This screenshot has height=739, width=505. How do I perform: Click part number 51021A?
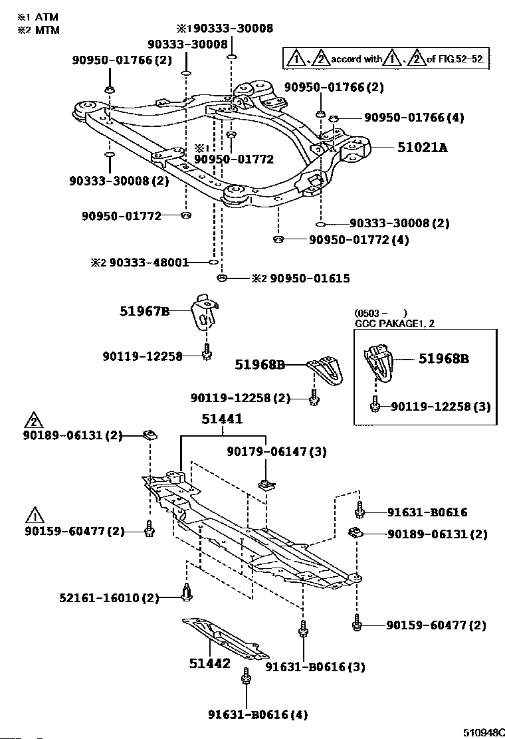tap(422, 148)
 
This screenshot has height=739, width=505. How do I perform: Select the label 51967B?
tap(145, 310)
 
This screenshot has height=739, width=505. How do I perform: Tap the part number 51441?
tap(223, 419)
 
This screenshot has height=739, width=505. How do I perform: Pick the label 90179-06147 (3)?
tap(276, 452)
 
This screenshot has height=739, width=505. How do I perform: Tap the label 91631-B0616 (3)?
tap(315, 667)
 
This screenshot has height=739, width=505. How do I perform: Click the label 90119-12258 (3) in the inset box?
tap(440, 405)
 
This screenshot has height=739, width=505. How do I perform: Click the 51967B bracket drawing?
tap(206, 310)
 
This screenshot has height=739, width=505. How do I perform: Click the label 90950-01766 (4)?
tap(413, 118)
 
